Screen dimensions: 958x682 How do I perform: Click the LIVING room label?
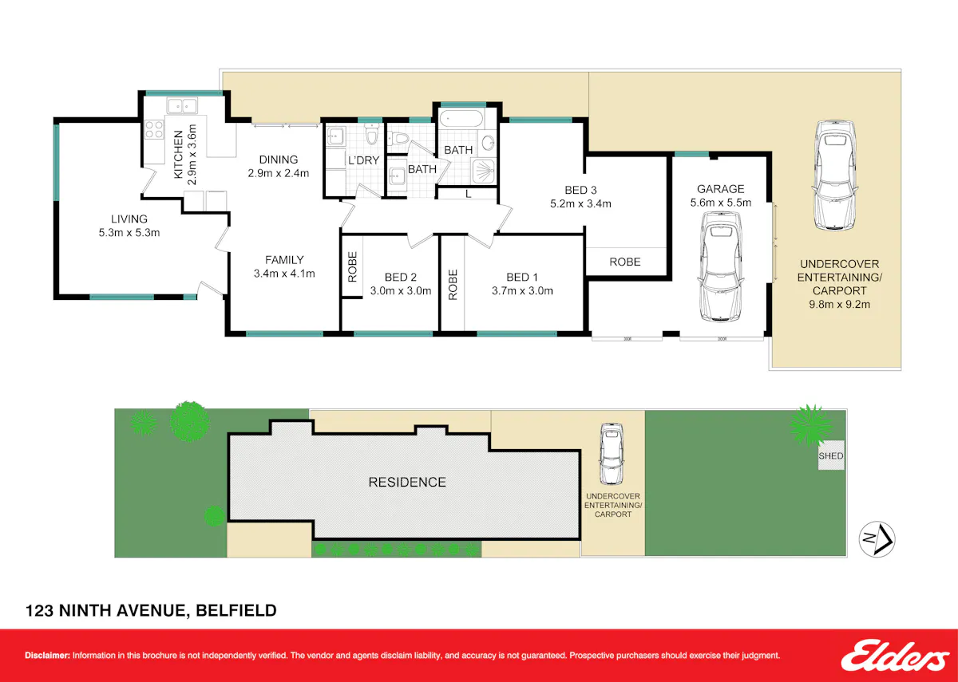click(x=129, y=219)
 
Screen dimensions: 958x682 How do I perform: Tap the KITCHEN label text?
click(x=178, y=155)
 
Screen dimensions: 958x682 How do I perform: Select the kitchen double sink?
click(x=182, y=106)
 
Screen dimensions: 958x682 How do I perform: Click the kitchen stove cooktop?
click(x=154, y=129)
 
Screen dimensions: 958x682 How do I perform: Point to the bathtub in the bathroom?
click(x=461, y=119)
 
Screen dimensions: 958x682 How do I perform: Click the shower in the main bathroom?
click(x=484, y=171)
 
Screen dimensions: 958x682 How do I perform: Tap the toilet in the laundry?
click(x=372, y=134)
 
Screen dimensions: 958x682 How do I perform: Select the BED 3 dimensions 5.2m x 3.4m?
click(x=580, y=204)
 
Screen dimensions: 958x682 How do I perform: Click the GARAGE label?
click(x=721, y=189)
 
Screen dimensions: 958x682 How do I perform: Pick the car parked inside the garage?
click(x=721, y=266)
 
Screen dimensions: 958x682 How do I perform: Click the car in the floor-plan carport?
click(x=835, y=175)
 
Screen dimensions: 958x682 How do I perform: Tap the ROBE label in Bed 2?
click(x=352, y=267)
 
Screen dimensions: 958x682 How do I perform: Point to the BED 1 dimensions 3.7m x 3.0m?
click(x=522, y=291)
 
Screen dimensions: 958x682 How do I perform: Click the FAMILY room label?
click(x=284, y=260)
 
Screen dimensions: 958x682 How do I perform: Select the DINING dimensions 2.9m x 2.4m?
click(x=279, y=173)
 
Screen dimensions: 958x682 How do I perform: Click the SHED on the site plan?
click(x=831, y=455)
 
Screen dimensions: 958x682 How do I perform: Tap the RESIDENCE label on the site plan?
click(x=407, y=483)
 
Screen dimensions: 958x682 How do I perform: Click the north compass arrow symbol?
click(x=877, y=539)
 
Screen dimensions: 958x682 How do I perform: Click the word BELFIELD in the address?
click(x=236, y=611)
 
